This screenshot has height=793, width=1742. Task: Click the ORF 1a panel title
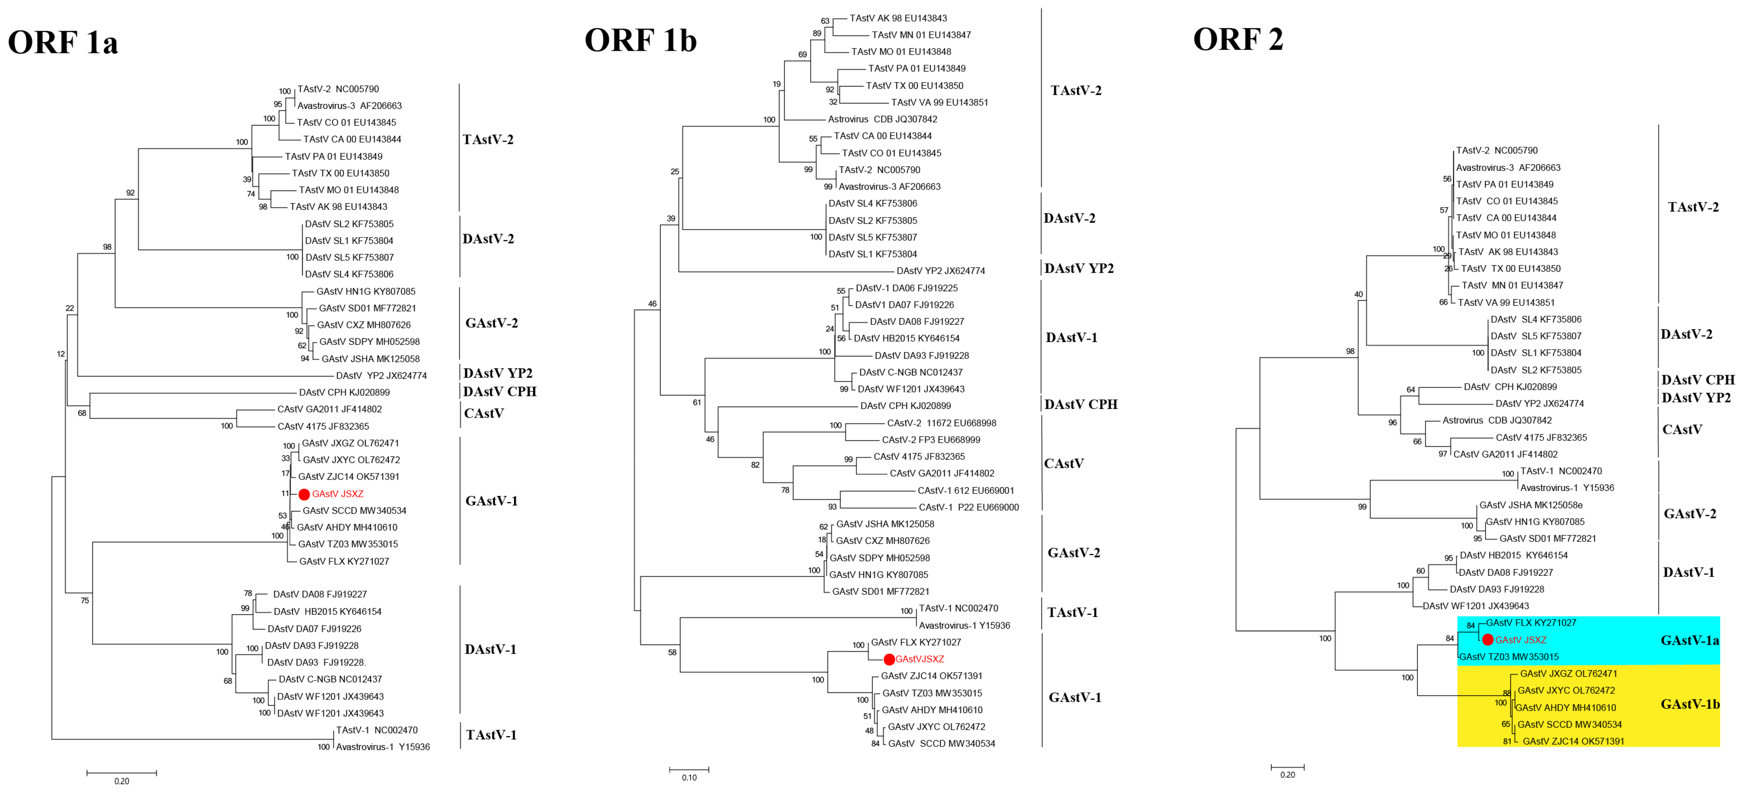tap(63, 43)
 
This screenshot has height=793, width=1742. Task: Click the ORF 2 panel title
tap(1238, 39)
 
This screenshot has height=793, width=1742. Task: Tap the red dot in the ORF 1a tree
tap(304, 494)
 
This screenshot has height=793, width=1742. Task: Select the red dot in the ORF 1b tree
tap(889, 659)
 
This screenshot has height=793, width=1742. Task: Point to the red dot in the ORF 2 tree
tap(1488, 639)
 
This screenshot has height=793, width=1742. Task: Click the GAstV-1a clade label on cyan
tap(1689, 640)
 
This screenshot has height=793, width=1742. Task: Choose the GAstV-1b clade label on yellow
tap(1689, 704)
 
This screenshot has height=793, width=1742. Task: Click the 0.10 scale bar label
tap(689, 777)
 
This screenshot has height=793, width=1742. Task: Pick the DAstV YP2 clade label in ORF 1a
tap(498, 373)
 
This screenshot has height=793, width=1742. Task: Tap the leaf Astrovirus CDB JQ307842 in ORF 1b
tap(882, 119)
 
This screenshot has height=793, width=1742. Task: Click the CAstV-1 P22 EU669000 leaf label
tap(968, 507)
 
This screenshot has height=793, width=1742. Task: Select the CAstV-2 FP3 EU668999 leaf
tap(930, 440)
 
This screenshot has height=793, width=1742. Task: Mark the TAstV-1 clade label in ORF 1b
tap(1072, 612)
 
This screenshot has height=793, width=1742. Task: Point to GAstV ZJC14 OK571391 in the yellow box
tap(1573, 741)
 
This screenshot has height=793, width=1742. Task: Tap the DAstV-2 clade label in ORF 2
tap(1686, 334)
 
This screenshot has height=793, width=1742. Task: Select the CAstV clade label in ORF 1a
tap(483, 413)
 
